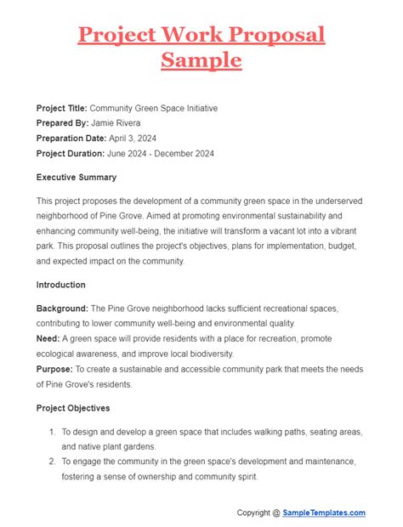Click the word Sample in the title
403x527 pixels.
point(201,61)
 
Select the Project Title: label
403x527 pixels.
point(61,108)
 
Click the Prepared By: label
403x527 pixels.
point(62,123)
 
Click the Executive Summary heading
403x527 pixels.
point(77,178)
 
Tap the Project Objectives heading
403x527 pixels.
point(76,408)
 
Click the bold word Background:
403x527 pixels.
point(65,308)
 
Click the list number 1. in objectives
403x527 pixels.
point(53,431)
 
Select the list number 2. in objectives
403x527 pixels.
point(53,462)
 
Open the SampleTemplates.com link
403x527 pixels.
point(325,513)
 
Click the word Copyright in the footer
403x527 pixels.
point(257,513)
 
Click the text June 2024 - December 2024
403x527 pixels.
point(161,154)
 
